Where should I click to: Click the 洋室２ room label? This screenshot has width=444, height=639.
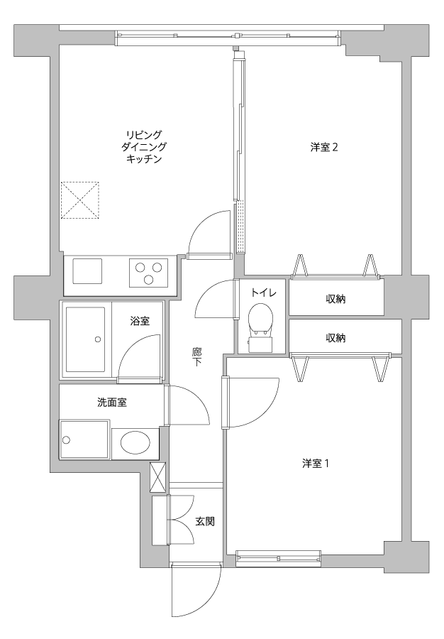point(324,147)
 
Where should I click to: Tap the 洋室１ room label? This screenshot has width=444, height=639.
point(316,464)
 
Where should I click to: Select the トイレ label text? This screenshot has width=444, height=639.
point(263,293)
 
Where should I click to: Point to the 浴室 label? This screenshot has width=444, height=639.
point(140,321)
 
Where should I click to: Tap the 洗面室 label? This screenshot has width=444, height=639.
point(112,403)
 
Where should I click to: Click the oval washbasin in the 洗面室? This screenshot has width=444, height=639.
point(135,442)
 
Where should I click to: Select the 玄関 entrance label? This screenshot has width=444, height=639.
point(205,521)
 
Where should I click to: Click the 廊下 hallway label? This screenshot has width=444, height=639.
point(197,357)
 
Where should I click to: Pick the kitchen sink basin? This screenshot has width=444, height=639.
point(87,271)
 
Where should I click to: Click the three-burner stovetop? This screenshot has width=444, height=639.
point(149,271)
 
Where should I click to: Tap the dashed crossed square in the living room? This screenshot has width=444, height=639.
point(79,200)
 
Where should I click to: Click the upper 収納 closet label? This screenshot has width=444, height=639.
point(335,299)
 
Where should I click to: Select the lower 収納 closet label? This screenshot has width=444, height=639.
point(335,338)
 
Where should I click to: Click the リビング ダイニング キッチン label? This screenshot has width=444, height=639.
point(144,147)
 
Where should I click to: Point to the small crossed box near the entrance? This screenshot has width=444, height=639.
point(158,477)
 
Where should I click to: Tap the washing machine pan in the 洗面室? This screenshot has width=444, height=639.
point(84,439)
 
